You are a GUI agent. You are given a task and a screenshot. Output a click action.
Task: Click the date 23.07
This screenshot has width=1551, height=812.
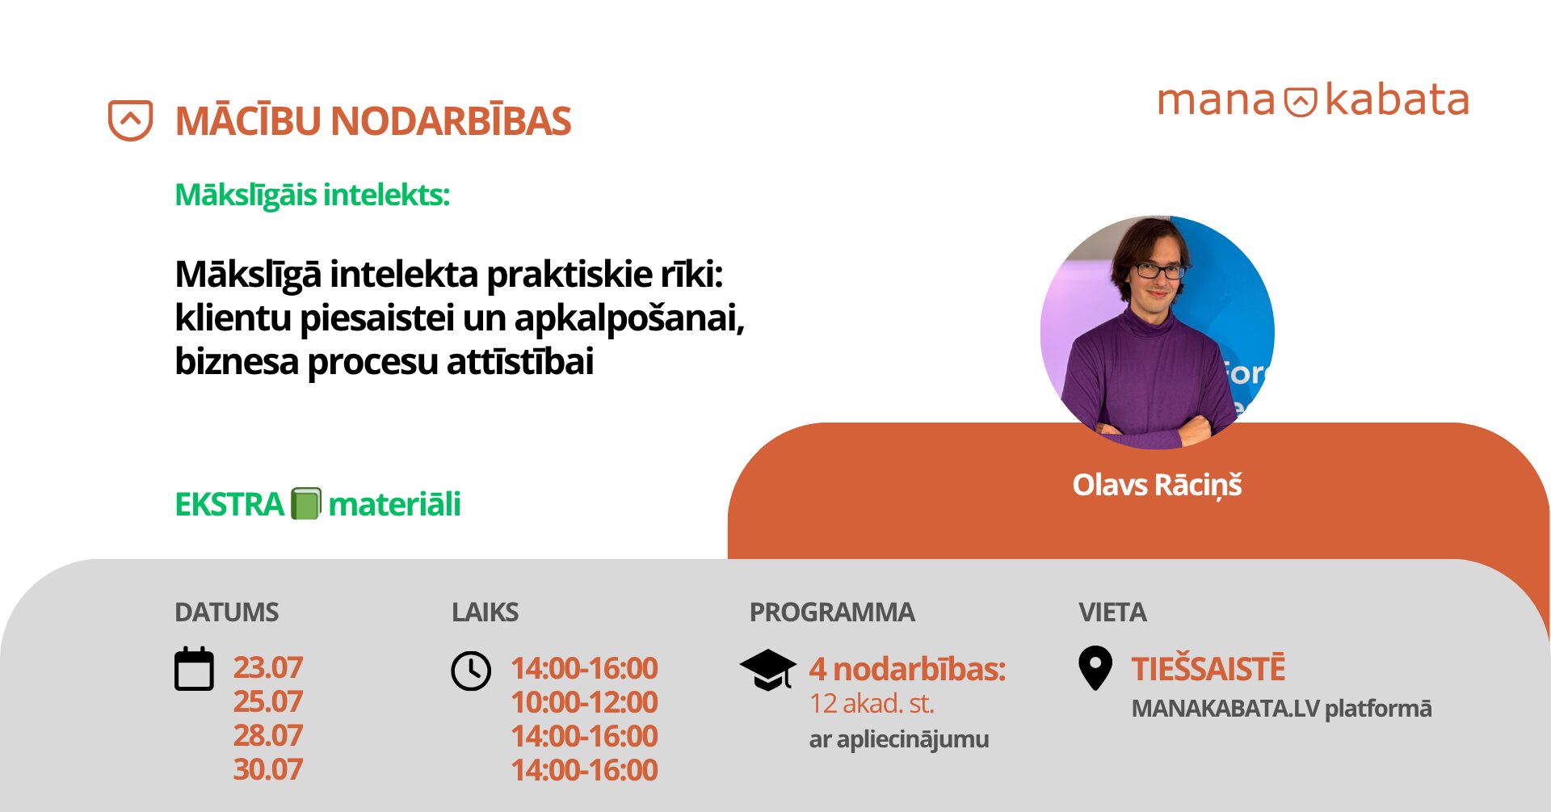[268, 667]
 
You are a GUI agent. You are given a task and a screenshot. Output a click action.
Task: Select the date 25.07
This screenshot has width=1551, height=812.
[268, 701]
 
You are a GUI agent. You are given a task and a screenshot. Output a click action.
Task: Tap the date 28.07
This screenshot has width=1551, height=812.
[268, 735]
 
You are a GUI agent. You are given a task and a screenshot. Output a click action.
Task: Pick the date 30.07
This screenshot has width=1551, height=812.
[268, 769]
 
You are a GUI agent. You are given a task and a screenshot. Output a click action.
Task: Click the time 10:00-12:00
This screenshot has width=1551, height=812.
[585, 702]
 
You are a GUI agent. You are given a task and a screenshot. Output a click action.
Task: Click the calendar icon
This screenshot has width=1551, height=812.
[195, 669]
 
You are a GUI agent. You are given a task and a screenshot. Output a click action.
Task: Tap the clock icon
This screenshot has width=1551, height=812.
[471, 671]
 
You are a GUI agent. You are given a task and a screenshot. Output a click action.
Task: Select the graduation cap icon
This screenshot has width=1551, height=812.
[768, 670]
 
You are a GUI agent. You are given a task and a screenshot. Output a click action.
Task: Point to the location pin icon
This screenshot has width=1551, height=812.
[1095, 668]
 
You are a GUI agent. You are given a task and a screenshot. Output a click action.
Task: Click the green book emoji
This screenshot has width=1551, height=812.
[306, 503]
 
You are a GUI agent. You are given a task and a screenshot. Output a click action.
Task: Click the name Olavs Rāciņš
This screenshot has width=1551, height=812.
[1157, 485]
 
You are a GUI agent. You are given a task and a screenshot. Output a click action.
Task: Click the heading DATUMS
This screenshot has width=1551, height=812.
[227, 612]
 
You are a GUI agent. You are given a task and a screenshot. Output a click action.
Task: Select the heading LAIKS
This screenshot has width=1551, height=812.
[485, 612]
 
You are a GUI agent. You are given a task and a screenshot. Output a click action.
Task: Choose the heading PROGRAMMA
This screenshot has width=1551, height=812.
[832, 612]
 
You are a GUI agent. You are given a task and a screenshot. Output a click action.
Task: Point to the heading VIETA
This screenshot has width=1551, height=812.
[1112, 612]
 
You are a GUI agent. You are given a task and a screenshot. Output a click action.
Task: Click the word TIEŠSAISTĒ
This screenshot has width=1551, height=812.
[1208, 668]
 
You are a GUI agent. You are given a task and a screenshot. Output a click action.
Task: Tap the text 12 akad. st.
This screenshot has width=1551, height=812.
[872, 704]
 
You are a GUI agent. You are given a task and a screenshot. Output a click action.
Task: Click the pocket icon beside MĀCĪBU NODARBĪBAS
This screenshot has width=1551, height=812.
[131, 120]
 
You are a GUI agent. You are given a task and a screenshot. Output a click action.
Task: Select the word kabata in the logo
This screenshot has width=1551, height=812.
[1397, 99]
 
